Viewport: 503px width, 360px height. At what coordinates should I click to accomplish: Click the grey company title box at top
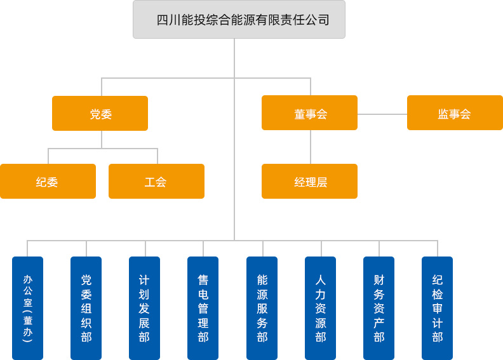coord(239,19)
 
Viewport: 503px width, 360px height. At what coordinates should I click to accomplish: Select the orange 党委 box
coord(100,113)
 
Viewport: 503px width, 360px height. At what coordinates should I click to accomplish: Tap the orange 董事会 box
coord(309,112)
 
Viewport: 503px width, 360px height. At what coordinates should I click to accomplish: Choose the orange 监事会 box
coord(455,112)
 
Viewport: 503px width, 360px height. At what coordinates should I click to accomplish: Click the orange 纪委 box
coord(48,181)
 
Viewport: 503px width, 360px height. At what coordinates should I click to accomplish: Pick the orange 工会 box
coord(156,181)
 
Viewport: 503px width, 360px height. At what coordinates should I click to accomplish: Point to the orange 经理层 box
coord(309,181)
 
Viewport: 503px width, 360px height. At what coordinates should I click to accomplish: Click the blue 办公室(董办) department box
coord(27,308)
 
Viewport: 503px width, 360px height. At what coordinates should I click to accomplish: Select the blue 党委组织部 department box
coord(86,308)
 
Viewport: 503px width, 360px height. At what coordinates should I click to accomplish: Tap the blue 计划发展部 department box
coord(144,308)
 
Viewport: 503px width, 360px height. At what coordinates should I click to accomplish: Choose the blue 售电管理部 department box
coord(203,308)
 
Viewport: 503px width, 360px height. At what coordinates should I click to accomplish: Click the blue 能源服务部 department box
coord(262,308)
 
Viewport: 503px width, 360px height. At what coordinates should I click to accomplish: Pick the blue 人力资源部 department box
coord(320,308)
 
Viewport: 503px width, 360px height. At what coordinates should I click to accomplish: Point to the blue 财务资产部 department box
coord(379,308)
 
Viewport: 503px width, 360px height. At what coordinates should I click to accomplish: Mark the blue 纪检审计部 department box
coord(437,308)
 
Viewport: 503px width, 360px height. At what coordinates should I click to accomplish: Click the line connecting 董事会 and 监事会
coord(382,114)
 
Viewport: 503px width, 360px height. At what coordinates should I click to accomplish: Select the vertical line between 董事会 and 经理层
coord(311,147)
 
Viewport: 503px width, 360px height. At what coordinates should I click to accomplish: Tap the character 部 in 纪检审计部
coord(438,337)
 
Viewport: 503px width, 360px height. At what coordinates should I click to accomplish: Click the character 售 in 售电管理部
coord(203,280)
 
